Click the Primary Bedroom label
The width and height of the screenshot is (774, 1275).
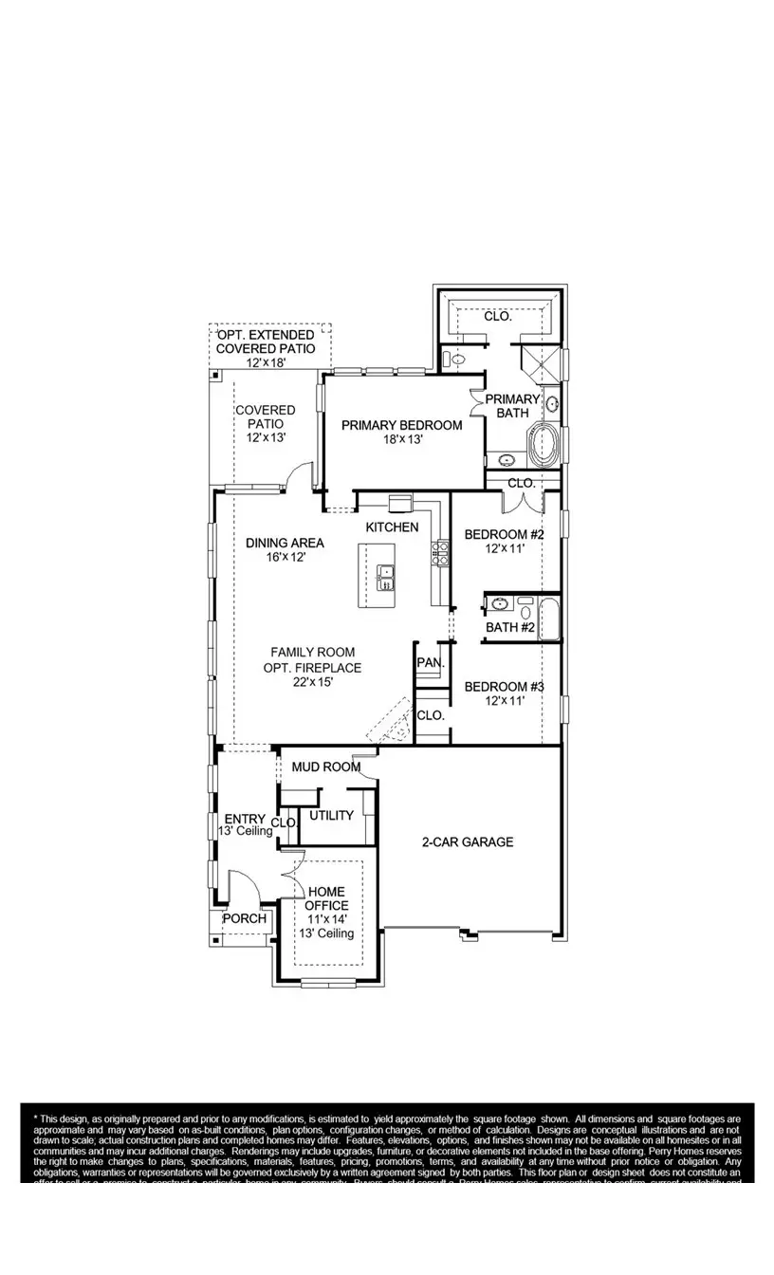coord(402,425)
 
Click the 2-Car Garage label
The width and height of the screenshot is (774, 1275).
coord(468,841)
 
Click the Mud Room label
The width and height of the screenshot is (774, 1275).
coord(325,767)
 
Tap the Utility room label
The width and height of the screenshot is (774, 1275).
coord(332,815)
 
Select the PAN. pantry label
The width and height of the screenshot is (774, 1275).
coord(431,663)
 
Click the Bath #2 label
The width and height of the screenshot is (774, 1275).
coord(510,627)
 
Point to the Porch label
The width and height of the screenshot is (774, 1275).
coord(245,919)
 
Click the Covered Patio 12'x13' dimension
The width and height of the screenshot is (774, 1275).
coord(266,438)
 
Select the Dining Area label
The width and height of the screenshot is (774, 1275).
coord(285,543)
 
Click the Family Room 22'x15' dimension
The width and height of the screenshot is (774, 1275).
coord(313,681)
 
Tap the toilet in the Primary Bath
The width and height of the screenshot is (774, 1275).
coord(453,360)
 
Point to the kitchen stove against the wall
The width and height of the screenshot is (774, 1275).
coord(440,552)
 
